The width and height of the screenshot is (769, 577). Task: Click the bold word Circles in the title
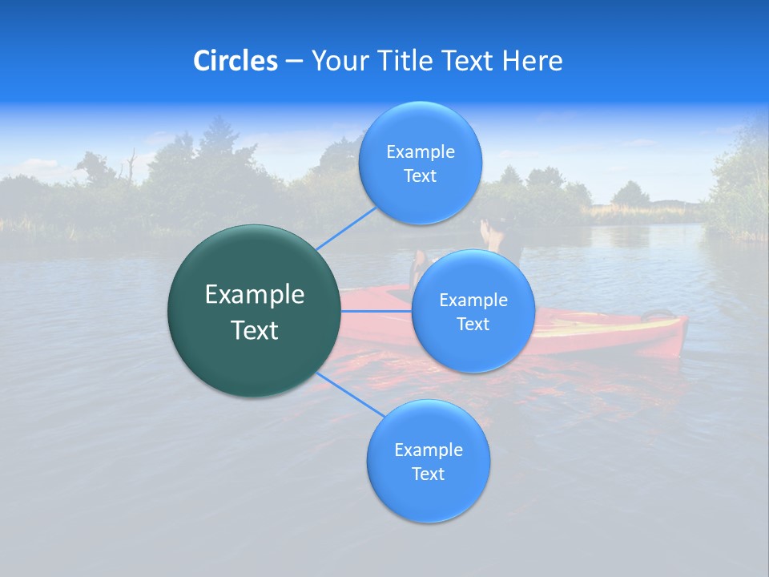coord(235,61)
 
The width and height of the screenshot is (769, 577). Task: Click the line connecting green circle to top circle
coord(346,228)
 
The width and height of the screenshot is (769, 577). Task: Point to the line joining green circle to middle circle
coord(375,311)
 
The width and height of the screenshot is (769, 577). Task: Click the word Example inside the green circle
coord(255,295)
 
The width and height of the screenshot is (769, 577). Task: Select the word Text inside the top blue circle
coord(420,176)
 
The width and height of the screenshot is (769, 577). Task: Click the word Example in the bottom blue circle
coord(428,450)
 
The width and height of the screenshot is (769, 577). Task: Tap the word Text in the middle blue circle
coord(473,325)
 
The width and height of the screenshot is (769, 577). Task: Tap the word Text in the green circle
coord(255,330)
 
